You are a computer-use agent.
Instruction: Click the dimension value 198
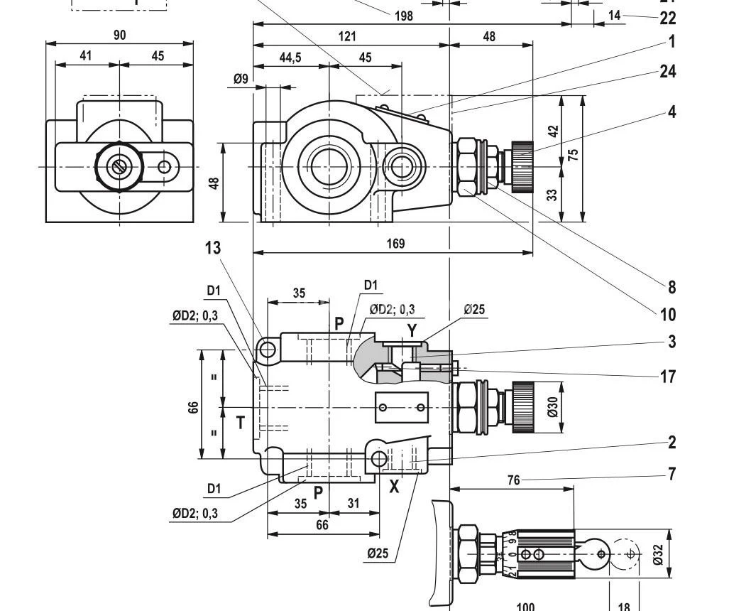pyautogui.click(x=403, y=15)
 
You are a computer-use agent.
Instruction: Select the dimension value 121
pyautogui.click(x=347, y=36)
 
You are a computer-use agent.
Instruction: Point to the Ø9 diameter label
pyautogui.click(x=241, y=79)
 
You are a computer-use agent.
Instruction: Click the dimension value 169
pyautogui.click(x=395, y=244)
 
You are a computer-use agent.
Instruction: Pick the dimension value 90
pyautogui.click(x=119, y=35)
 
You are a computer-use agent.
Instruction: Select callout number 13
pyautogui.click(x=213, y=248)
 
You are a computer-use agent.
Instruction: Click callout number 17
pyautogui.click(x=668, y=377)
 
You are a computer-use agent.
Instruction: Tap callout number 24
pyautogui.click(x=668, y=71)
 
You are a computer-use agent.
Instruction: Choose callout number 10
pyautogui.click(x=668, y=314)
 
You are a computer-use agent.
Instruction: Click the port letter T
pyautogui.click(x=241, y=423)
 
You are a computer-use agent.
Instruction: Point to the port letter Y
pyautogui.click(x=412, y=330)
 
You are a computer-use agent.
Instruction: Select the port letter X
pyautogui.click(x=395, y=487)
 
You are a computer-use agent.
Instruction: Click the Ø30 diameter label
pyautogui.click(x=554, y=406)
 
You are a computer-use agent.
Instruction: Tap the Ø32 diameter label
pyautogui.click(x=658, y=554)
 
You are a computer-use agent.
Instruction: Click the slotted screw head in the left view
pyautogui.click(x=119, y=167)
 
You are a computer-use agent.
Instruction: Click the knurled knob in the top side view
pyautogui.click(x=522, y=167)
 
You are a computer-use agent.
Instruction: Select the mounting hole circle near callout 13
pyautogui.click(x=268, y=350)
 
